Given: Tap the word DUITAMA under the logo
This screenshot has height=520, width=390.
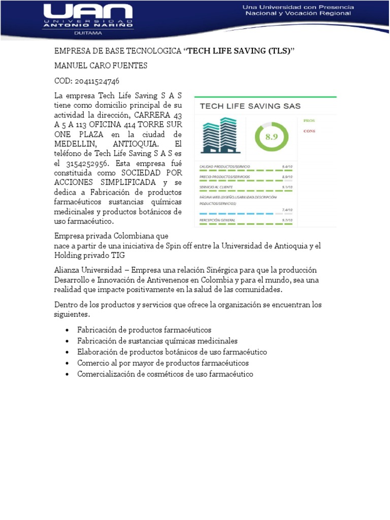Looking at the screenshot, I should click(88, 33).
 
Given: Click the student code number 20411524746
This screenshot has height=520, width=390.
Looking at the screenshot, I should click(96, 81).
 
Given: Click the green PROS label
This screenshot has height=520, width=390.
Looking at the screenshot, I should click(309, 121).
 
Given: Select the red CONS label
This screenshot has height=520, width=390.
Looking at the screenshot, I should click(309, 131).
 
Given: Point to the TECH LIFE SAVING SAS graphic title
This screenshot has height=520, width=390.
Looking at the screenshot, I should click(250, 106).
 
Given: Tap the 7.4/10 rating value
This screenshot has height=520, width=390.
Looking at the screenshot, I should click(287, 210).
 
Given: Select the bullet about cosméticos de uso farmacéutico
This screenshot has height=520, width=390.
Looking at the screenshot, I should click(165, 374).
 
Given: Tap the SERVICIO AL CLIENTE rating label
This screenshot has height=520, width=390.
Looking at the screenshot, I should click(216, 187).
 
